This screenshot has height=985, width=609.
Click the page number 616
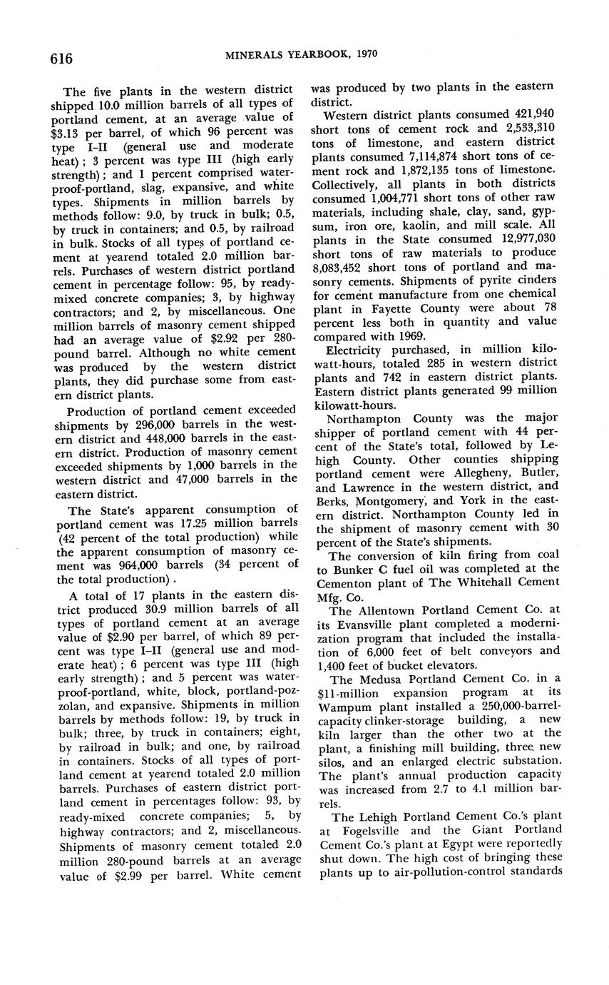coord(61,58)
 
